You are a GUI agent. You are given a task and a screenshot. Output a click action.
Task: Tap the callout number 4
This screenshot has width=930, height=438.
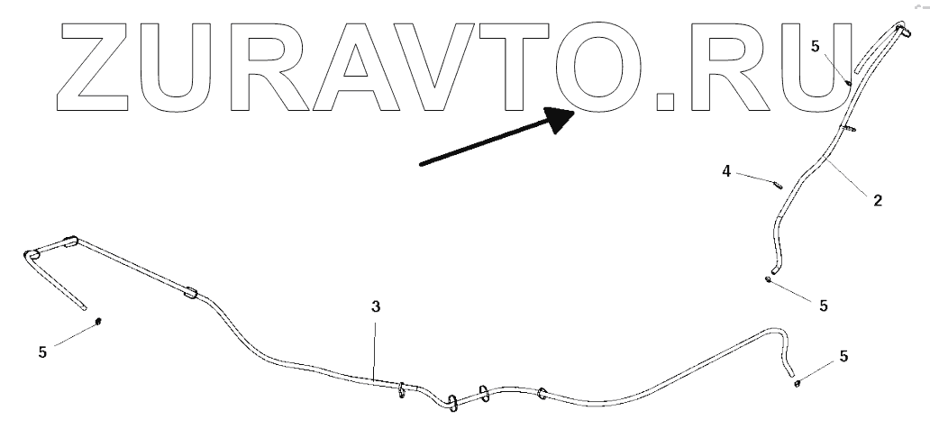[x=725, y=169]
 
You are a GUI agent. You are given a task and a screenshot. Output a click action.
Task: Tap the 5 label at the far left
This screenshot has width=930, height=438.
[x=42, y=352]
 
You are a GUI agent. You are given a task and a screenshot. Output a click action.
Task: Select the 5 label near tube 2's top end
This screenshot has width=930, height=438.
[x=815, y=46]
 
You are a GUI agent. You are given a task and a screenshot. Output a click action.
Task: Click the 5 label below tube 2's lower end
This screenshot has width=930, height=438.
[x=823, y=306]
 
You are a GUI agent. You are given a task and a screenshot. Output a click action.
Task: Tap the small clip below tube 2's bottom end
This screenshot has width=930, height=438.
[x=767, y=279]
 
